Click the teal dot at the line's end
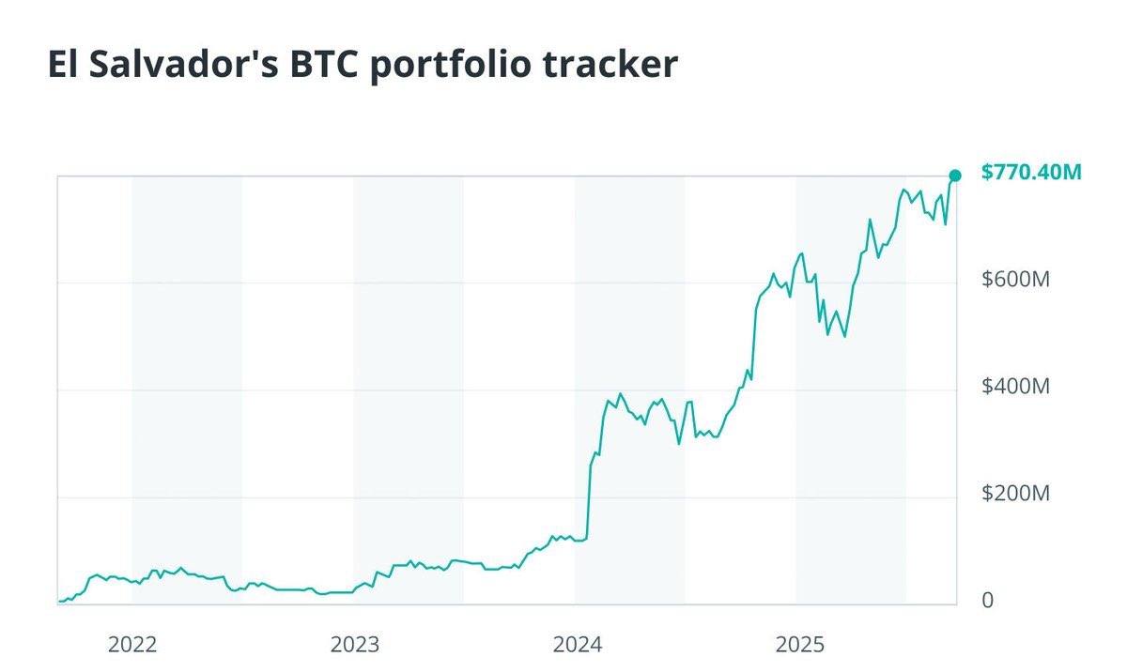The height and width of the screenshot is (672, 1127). [955, 176]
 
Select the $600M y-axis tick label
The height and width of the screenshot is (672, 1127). [1014, 279]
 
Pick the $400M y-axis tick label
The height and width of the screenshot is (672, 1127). [1014, 386]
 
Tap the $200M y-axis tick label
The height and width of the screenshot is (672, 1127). [1014, 493]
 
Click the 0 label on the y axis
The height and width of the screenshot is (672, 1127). [987, 601]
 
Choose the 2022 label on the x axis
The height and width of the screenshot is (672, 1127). [132, 645]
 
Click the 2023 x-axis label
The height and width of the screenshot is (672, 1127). [354, 645]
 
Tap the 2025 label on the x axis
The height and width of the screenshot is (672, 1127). [799, 645]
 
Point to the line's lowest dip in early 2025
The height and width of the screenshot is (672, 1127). [844, 335]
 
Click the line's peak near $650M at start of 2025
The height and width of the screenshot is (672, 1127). [801, 253]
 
